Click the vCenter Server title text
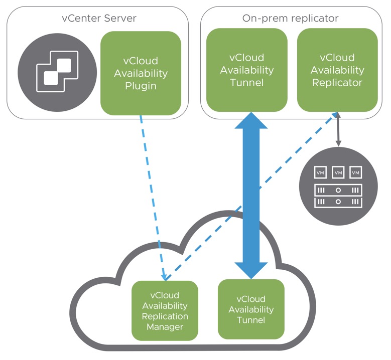99,19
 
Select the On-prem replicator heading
290,19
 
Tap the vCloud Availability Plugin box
141,73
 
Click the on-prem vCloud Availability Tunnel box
247,70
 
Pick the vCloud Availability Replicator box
337,70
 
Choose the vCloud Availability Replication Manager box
165,311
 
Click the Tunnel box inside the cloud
251,309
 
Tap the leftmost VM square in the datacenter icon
320,172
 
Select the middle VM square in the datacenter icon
338,172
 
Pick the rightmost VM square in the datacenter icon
355,172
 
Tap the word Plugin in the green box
141,86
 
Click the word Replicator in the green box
337,82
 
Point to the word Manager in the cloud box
165,327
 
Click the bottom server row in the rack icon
338,202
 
